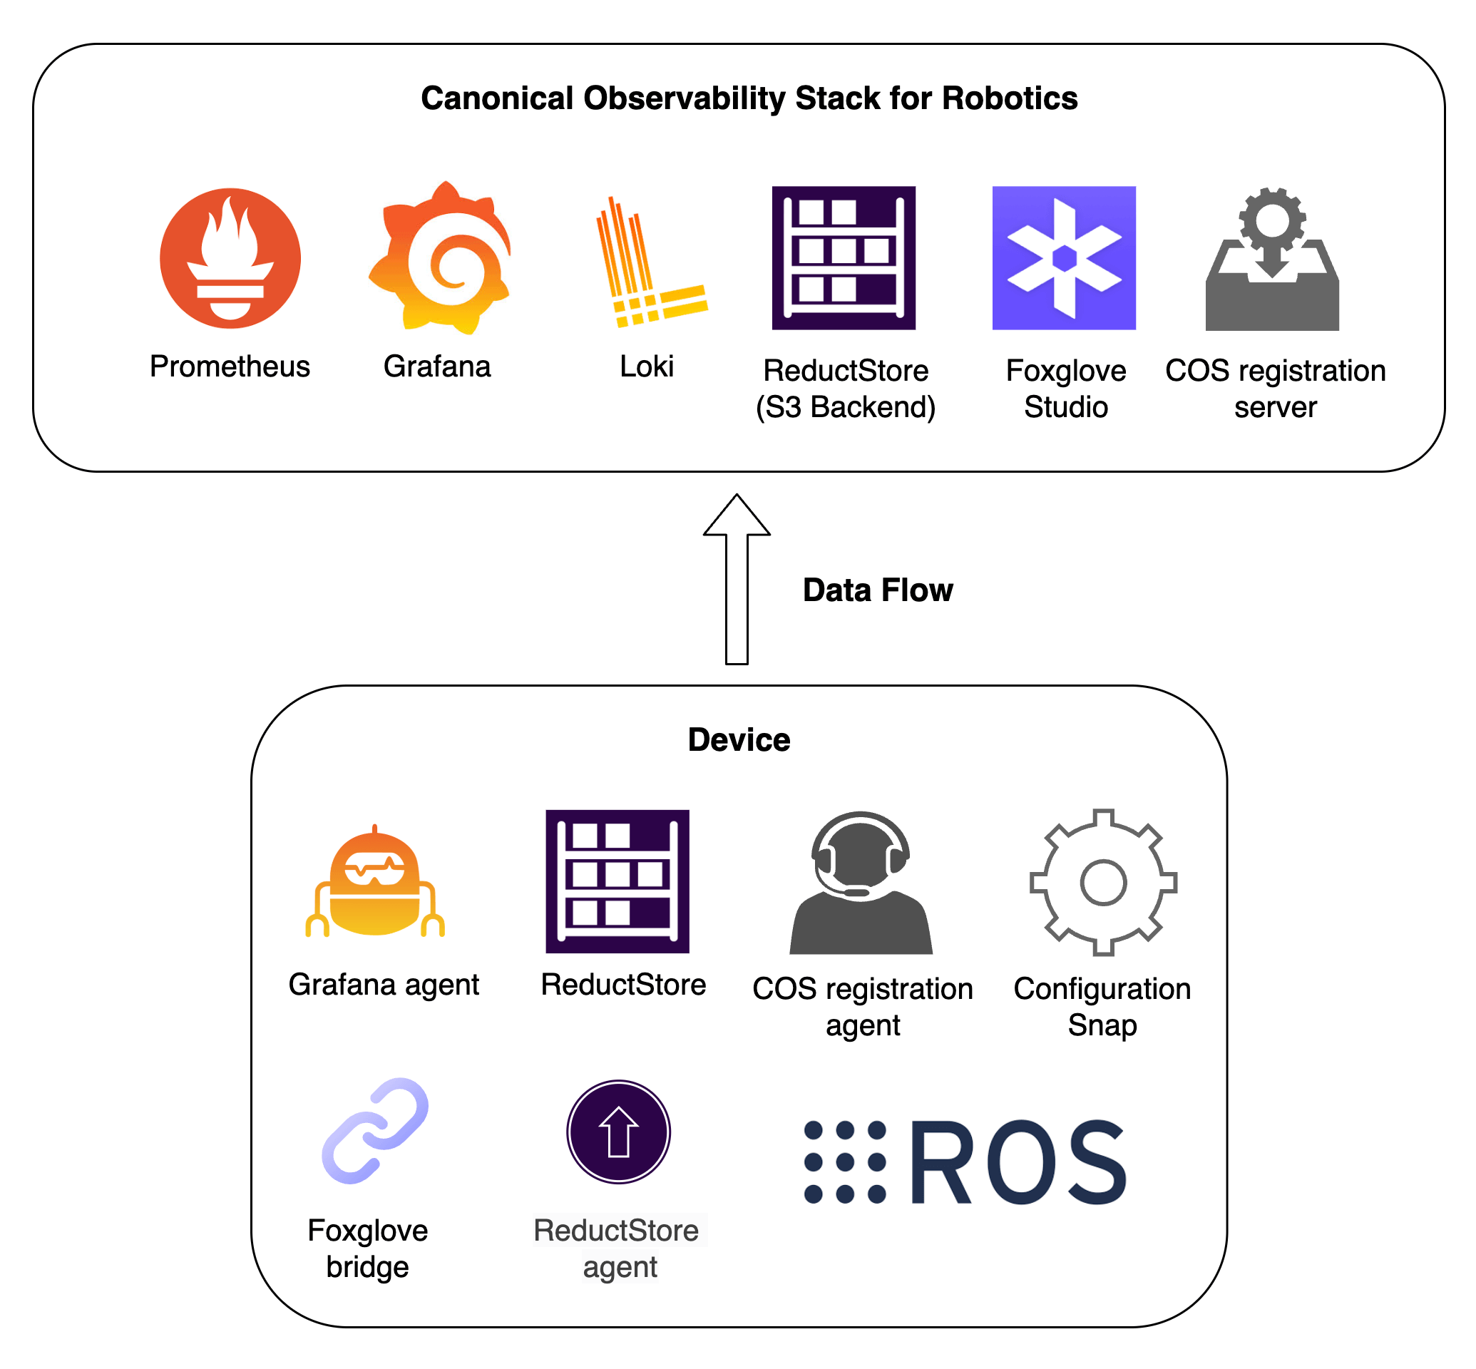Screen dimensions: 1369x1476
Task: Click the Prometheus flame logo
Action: point(230,258)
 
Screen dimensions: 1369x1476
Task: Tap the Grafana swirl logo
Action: point(441,258)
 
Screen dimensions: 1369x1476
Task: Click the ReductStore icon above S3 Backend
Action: point(844,258)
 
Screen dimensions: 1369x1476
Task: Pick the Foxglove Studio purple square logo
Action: point(1064,258)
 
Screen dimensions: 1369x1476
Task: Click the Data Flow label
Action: point(877,590)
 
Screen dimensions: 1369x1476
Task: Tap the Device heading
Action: point(739,740)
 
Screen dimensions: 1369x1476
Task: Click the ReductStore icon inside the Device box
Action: point(617,881)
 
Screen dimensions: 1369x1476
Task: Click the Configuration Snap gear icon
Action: point(1103,882)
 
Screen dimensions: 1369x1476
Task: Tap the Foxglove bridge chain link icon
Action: point(375,1131)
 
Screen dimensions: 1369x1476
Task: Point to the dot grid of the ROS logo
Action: point(845,1162)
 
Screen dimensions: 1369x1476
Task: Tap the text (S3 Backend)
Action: point(846,407)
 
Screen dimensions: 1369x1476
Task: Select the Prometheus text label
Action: point(230,366)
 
